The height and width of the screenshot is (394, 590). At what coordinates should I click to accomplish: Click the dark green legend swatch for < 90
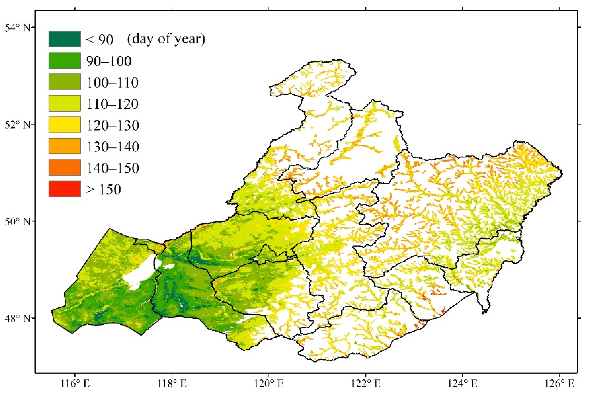[x=64, y=39]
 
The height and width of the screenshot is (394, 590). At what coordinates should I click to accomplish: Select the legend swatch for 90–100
[x=64, y=61]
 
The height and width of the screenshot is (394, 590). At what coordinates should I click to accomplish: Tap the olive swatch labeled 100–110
[x=64, y=82]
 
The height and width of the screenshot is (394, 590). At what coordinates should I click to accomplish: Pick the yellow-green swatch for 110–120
[x=64, y=103]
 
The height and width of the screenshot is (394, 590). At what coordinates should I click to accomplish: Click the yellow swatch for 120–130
[x=64, y=125]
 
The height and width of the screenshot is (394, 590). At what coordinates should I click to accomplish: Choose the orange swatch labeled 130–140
[x=64, y=146]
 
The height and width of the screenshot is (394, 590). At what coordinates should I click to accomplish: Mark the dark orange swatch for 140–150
[x=64, y=167]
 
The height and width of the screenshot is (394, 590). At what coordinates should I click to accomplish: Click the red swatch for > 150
[x=64, y=189]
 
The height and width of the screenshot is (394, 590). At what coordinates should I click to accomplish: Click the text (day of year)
[x=166, y=39]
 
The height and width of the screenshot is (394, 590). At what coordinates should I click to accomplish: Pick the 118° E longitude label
[x=172, y=384]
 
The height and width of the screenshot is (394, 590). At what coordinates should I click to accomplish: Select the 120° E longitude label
[x=269, y=384]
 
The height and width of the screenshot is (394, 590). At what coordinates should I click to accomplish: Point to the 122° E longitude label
[x=366, y=384]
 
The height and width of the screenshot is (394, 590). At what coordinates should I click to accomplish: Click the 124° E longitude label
[x=463, y=384]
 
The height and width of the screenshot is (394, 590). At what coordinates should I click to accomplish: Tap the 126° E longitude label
[x=559, y=384]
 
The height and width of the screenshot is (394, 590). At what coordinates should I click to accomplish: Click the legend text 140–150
[x=113, y=168]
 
